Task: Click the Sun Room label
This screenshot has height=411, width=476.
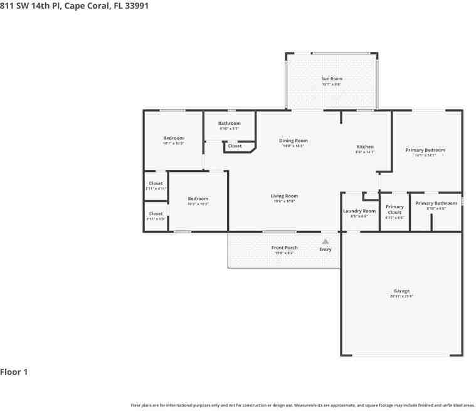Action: click(332, 79)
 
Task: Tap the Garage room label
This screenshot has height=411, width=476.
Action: click(401, 291)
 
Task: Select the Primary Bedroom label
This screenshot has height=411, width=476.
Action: click(425, 150)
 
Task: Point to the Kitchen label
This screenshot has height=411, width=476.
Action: click(365, 147)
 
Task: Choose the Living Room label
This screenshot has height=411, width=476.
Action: click(284, 196)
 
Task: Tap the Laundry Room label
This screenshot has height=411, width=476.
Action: click(359, 211)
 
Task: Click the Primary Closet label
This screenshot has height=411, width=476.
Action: click(394, 210)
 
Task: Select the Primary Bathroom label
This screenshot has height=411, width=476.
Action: click(436, 203)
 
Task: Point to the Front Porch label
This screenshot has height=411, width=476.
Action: click(284, 248)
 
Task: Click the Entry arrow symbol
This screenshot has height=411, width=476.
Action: click(325, 241)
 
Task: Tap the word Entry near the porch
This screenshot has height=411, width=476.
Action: click(325, 250)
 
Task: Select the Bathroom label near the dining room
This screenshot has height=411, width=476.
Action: click(230, 123)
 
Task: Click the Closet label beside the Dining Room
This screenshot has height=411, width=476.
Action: click(235, 146)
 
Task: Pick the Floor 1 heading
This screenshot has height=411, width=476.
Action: click(14, 372)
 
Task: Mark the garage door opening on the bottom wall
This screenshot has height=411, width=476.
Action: click(401, 356)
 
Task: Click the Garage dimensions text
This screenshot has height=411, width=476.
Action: click(401, 296)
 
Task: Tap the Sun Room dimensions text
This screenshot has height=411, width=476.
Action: click(332, 84)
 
